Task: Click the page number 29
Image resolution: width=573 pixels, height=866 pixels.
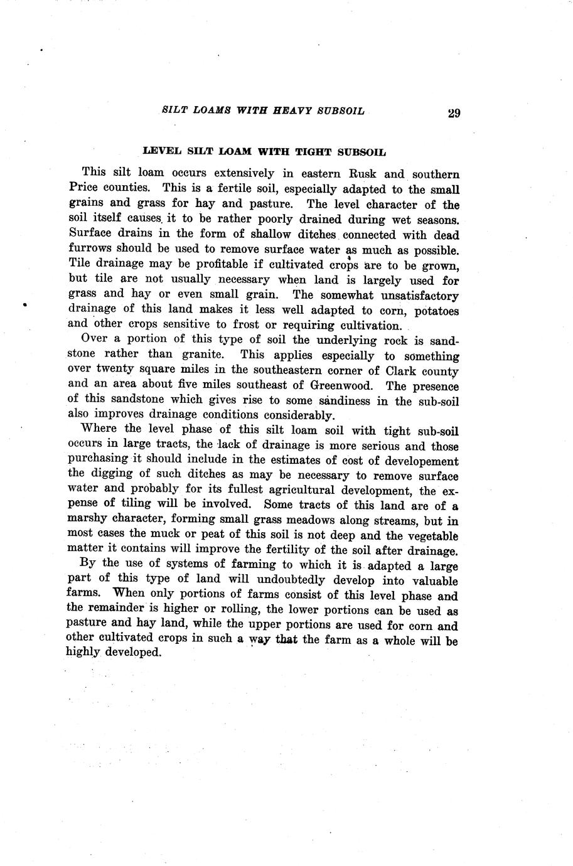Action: coord(454,113)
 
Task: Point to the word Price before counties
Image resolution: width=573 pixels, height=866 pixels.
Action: coord(83,188)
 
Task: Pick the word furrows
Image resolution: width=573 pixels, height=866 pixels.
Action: coord(91,249)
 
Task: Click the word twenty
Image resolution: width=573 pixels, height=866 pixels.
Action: coord(114,370)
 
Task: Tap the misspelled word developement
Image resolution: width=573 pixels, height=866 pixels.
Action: coord(415,460)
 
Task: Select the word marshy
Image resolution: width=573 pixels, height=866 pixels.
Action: coord(87,520)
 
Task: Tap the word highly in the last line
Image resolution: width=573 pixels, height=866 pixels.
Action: coord(83,652)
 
